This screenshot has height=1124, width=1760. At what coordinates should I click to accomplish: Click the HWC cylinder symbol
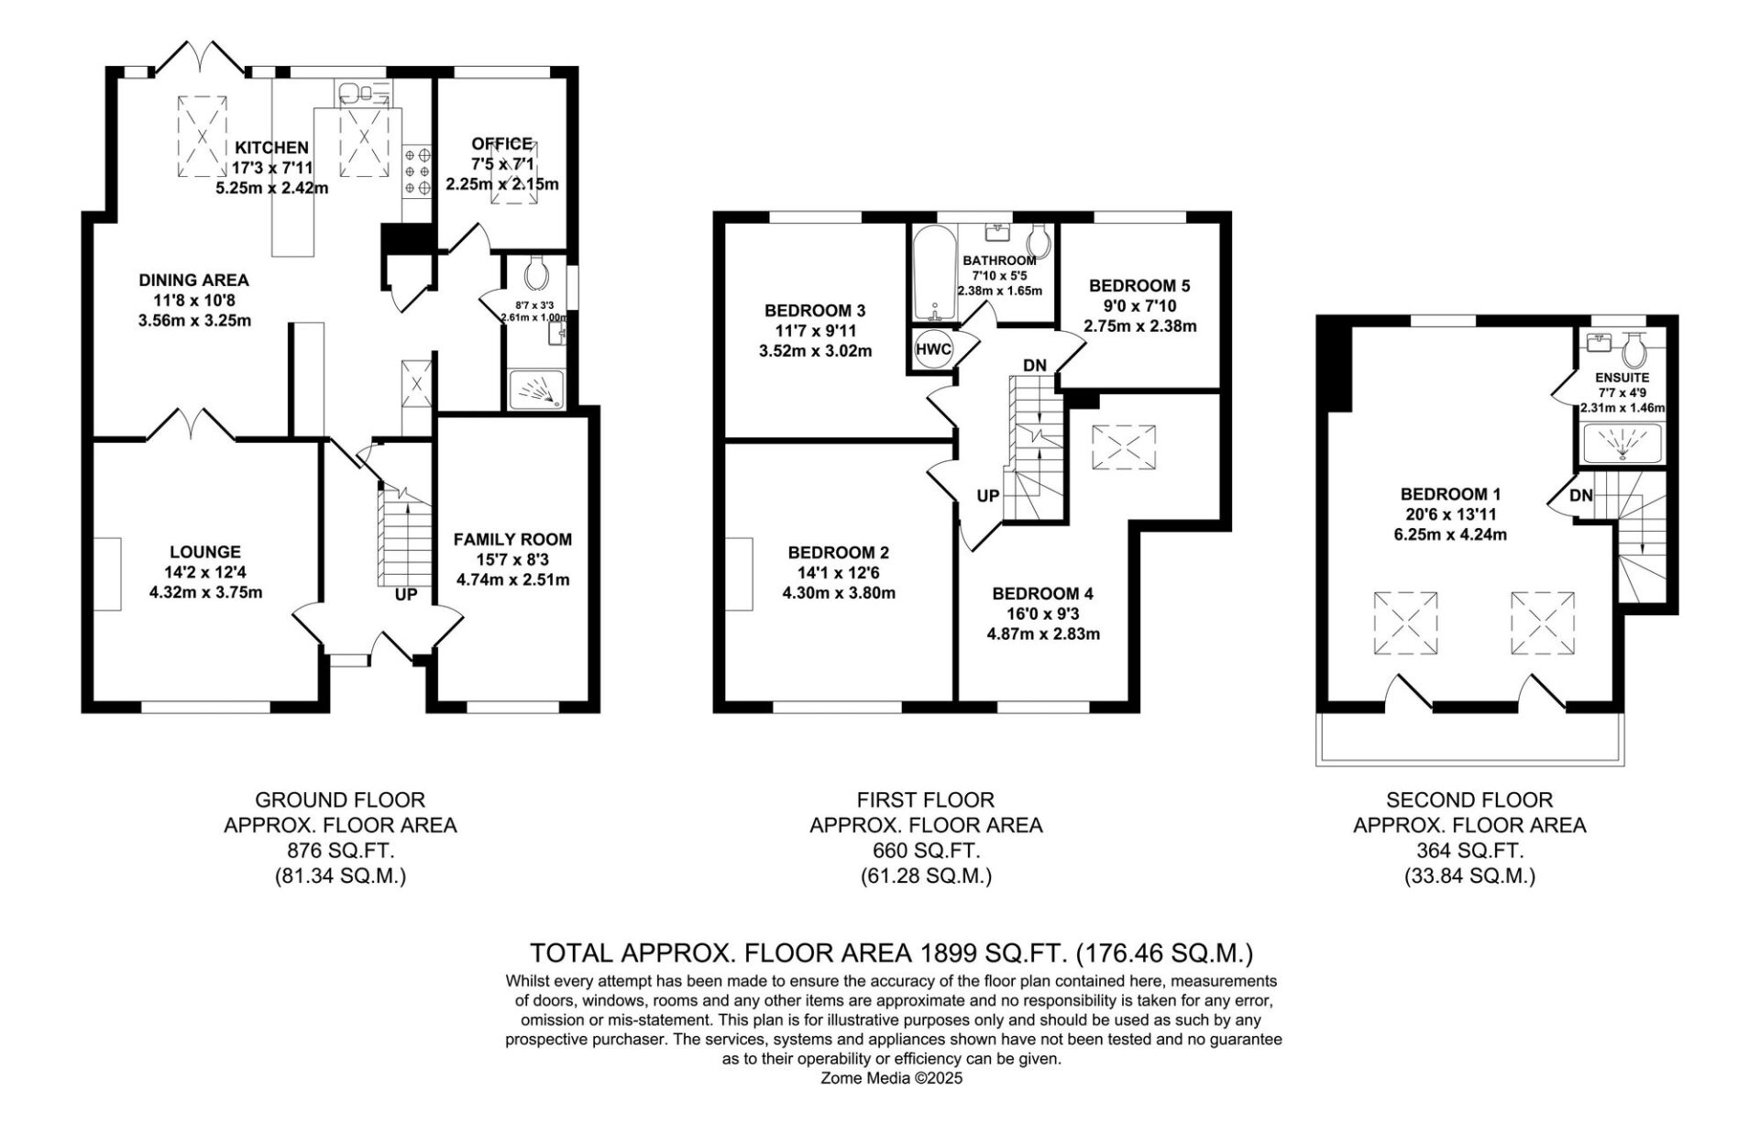point(933,348)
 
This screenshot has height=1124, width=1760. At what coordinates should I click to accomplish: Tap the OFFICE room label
point(501,144)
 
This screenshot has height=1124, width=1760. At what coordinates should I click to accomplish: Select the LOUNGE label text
point(205,552)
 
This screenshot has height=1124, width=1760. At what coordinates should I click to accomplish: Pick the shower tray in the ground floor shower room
point(536,388)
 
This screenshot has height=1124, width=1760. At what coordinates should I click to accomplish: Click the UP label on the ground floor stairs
point(406,595)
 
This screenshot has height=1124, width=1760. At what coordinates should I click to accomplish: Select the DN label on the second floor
point(1581,496)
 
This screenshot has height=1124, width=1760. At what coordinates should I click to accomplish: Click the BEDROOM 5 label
point(1140,285)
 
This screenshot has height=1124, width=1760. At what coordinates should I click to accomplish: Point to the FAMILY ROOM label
point(512,539)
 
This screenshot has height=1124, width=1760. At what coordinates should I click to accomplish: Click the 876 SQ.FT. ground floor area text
point(340,851)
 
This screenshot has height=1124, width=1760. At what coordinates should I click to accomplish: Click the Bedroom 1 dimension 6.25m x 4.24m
point(1444,534)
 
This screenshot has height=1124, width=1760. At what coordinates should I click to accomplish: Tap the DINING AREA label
point(193,280)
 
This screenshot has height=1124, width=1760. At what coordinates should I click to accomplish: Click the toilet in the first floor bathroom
point(1039,241)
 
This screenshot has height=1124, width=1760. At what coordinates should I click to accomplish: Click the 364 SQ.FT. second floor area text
point(1469,851)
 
